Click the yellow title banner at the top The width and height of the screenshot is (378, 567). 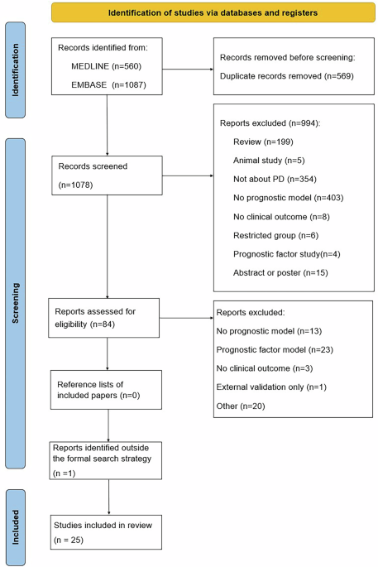pyautogui.click(x=213, y=12)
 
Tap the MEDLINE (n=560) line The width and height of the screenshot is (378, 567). pyautogui.click(x=106, y=66)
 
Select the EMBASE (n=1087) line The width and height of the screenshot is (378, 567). pyautogui.click(x=108, y=85)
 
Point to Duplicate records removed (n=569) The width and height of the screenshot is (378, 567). pyautogui.click(x=286, y=76)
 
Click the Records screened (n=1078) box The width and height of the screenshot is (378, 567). pyautogui.click(x=107, y=175)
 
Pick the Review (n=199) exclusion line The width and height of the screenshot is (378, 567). pyautogui.click(x=263, y=142)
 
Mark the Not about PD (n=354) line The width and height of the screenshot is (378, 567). pyautogui.click(x=275, y=179)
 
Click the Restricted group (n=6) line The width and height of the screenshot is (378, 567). pyautogui.click(x=275, y=235)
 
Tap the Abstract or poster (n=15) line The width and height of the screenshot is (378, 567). pyautogui.click(x=280, y=272)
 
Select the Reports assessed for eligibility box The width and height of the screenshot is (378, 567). pyautogui.click(x=103, y=318)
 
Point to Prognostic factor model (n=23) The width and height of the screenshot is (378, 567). pyautogui.click(x=275, y=349)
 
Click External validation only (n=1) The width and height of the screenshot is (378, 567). pyautogui.click(x=271, y=387)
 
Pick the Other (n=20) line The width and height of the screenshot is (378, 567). pyautogui.click(x=241, y=406)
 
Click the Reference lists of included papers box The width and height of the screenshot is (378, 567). pyautogui.click(x=106, y=390)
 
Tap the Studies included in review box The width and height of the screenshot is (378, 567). pyautogui.click(x=106, y=532)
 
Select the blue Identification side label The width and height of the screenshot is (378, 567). pyautogui.click(x=15, y=70)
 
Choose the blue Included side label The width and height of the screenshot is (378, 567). pyautogui.click(x=15, y=527)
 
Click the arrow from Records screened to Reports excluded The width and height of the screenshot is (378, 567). pyautogui.click(x=188, y=175)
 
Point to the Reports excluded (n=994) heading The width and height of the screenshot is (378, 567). pyautogui.click(x=270, y=123)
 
